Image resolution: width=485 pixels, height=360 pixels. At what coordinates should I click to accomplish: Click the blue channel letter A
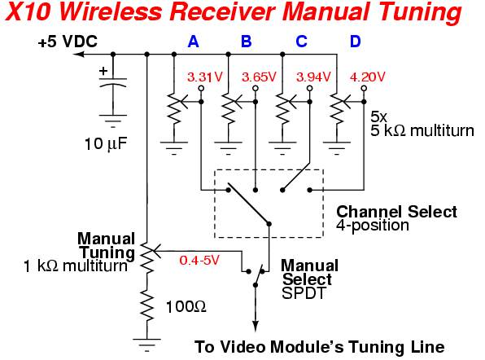(x=193, y=42)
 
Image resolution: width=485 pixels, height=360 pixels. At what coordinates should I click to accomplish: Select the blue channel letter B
(x=247, y=42)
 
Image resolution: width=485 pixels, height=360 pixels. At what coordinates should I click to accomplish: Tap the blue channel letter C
(x=301, y=42)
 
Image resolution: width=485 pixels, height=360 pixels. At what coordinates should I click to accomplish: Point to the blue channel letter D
(x=356, y=42)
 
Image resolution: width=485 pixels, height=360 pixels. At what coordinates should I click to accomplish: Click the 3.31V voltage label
(x=205, y=77)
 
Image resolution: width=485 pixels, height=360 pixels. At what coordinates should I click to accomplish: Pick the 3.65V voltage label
(x=259, y=77)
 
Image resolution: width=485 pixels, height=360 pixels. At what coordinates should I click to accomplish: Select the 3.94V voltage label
(x=313, y=77)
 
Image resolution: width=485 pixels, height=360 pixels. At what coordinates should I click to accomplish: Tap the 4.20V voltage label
(x=368, y=77)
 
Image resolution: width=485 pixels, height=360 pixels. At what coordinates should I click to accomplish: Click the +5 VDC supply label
(x=68, y=42)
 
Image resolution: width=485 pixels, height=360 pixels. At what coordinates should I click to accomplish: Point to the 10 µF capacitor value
(x=106, y=144)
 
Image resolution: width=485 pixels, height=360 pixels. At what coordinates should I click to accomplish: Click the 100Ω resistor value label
(x=186, y=307)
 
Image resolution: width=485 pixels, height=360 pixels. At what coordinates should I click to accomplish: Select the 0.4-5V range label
(x=199, y=260)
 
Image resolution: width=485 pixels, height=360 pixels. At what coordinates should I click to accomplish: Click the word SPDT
(x=304, y=293)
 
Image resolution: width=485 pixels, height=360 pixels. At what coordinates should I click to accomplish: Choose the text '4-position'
(x=373, y=226)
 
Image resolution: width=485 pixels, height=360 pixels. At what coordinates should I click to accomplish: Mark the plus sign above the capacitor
(x=103, y=71)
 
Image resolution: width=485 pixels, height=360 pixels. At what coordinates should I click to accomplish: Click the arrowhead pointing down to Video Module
(x=256, y=327)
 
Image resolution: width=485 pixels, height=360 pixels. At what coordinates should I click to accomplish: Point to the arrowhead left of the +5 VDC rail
(x=79, y=55)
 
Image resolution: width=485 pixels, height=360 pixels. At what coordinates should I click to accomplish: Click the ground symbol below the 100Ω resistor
(x=146, y=345)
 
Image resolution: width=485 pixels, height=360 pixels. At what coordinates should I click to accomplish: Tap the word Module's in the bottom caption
(x=306, y=347)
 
